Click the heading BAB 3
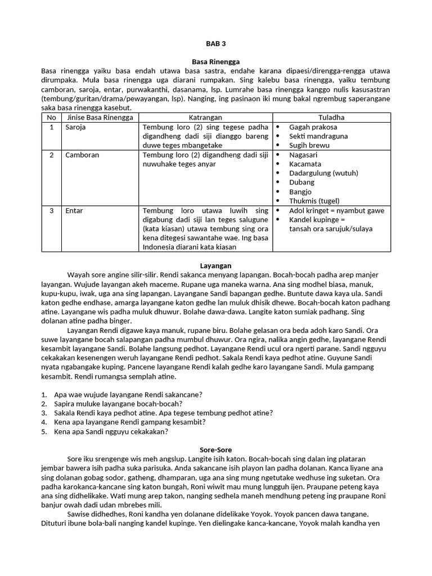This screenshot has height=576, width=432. click(x=216, y=43)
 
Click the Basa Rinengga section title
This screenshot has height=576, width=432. click(x=216, y=62)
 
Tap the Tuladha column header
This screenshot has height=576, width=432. click(x=331, y=118)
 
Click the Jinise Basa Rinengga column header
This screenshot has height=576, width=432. click(x=100, y=118)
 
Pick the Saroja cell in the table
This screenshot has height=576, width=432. click(x=77, y=127)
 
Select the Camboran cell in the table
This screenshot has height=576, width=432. click(x=82, y=155)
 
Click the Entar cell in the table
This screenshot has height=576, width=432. click(x=74, y=210)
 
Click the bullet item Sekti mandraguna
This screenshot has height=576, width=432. click(x=318, y=136)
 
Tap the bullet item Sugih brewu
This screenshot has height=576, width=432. click(x=309, y=145)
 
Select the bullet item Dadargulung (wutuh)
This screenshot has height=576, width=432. click(x=323, y=173)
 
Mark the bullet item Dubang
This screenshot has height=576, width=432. click(x=302, y=182)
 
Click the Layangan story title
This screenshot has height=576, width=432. click(x=216, y=265)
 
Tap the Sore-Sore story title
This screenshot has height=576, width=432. click(x=216, y=450)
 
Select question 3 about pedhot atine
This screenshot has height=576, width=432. click(x=163, y=413)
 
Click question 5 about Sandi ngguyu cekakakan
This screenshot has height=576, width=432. click(x=111, y=431)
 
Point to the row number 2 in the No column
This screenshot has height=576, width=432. click(x=51, y=155)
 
